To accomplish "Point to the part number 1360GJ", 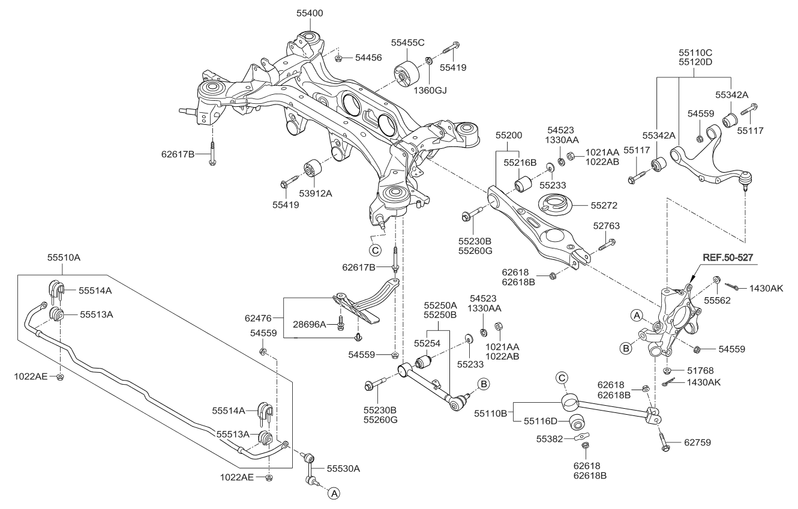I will click(x=430, y=90).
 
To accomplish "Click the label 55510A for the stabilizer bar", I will click(x=64, y=257).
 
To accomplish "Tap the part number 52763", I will click(x=607, y=226).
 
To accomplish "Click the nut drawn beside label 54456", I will click(x=338, y=58).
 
